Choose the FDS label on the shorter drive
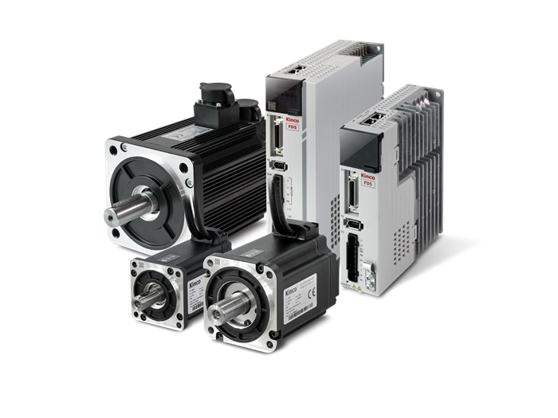point(367,185)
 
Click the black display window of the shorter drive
point(366,152)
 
